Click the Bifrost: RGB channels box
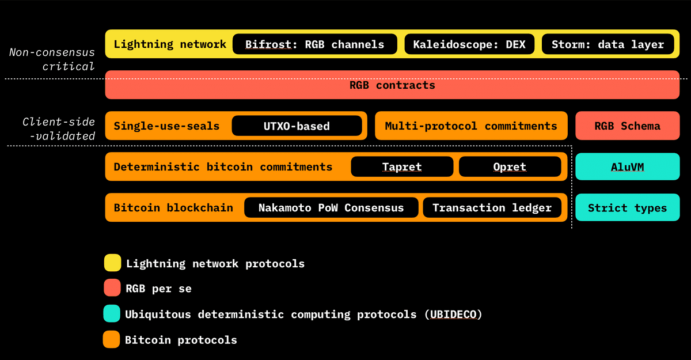pyautogui.click(x=314, y=44)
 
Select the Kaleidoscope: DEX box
pyautogui.click(x=469, y=44)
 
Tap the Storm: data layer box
pyautogui.click(x=608, y=44)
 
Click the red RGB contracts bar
pyautogui.click(x=392, y=85)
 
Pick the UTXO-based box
pyautogui.click(x=297, y=126)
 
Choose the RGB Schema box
pyautogui.click(x=627, y=126)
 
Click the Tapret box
pyautogui.click(x=402, y=167)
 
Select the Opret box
pyautogui.click(x=510, y=167)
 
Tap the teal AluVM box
pyautogui.click(x=627, y=167)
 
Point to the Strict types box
pyautogui.click(x=627, y=208)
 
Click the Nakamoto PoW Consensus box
pyautogui.click(x=331, y=208)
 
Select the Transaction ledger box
pyautogui.click(x=492, y=208)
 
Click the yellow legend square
pyautogui.click(x=112, y=263)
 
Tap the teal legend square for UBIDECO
pyautogui.click(x=112, y=314)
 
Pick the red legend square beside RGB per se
pyautogui.click(x=112, y=288)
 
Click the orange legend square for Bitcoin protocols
pyautogui.click(x=111, y=339)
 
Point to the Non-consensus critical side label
pyautogui.click(x=52, y=59)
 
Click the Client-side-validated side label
pyautogui.click(x=59, y=129)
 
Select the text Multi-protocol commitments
pyautogui.click(x=471, y=126)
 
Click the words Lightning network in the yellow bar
pyautogui.click(x=170, y=44)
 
